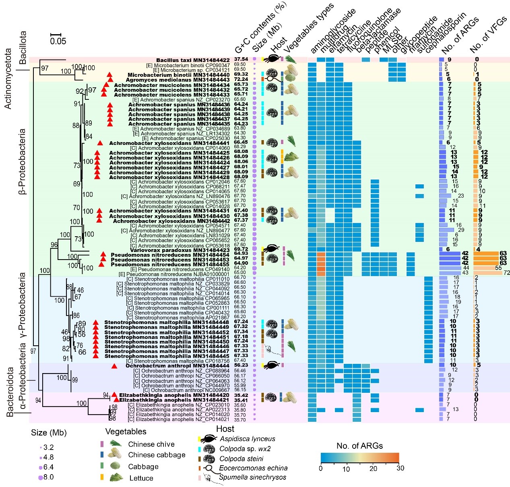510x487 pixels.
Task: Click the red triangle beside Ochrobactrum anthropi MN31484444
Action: pos(114,366)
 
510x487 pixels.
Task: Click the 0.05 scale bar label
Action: pos(58,41)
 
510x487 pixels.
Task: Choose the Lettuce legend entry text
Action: pos(141,478)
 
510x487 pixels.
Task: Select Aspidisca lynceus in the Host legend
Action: pos(248,439)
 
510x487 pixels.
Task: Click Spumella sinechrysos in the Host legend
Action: pos(252,477)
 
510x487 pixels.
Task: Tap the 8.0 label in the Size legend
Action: pos(48,477)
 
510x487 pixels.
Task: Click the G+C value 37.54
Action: pos(241,60)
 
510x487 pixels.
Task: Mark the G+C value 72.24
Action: pos(241,80)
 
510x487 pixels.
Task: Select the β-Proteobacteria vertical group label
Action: pos(23,161)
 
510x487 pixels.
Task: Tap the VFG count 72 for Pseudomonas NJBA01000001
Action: pos(507,273)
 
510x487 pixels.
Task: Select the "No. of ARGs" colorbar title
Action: pos(359,446)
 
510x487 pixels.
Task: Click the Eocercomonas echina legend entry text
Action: pos(253,468)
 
